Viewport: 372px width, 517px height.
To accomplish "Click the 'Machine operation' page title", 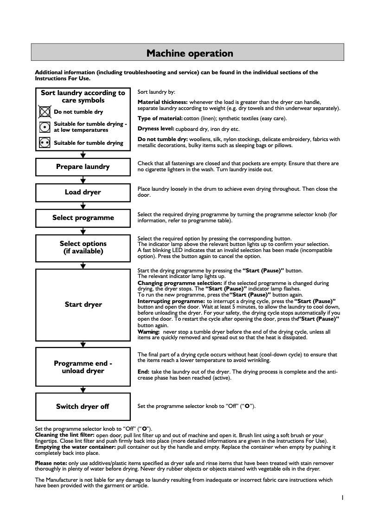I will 189,53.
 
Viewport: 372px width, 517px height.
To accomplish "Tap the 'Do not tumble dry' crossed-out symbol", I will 45,112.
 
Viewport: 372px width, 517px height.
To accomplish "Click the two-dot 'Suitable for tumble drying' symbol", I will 45,143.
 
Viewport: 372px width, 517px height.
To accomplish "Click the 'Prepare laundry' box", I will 83,167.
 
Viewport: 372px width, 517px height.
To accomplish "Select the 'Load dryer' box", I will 83,192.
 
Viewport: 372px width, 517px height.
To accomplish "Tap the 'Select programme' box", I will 83,218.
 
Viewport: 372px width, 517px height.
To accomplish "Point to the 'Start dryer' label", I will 83,304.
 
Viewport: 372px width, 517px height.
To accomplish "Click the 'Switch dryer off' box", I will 83,407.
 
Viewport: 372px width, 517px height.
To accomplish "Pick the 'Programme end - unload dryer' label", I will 83,367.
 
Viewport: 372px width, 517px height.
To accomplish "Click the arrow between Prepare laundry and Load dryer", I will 83,180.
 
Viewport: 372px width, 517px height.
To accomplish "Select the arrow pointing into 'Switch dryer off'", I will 83,390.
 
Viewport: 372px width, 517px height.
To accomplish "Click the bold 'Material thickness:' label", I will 162,102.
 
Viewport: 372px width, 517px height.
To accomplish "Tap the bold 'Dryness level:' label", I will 156,129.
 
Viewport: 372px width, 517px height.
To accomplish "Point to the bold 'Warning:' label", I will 148,332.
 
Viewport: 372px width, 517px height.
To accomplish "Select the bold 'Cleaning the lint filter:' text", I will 64,435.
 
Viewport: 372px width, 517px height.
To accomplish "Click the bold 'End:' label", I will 143,372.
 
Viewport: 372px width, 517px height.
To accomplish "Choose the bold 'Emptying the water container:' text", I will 75,446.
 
